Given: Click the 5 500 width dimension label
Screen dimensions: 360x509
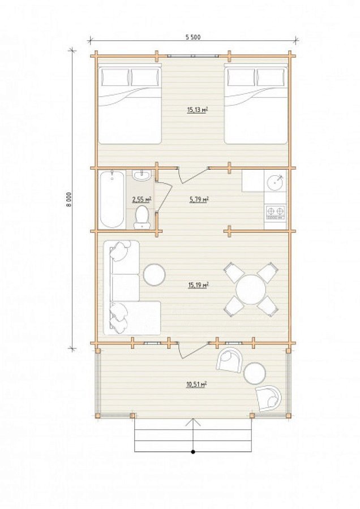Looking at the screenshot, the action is pyautogui.click(x=193, y=37).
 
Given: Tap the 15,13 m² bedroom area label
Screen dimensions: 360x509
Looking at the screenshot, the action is pyautogui.click(x=197, y=110).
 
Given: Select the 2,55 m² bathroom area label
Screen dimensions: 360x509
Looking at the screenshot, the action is pyautogui.click(x=142, y=199).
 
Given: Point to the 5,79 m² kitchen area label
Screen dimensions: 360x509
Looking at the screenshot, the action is pyautogui.click(x=199, y=199).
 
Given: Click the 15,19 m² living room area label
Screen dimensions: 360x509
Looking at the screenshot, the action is pyautogui.click(x=198, y=286).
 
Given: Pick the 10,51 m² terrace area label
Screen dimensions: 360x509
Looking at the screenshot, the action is pyautogui.click(x=196, y=385).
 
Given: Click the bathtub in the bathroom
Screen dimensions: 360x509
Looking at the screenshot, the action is pyautogui.click(x=112, y=199).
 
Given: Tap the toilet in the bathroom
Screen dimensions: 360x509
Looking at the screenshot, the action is pyautogui.click(x=142, y=217).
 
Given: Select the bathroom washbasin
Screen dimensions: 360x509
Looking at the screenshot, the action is pyautogui.click(x=142, y=175).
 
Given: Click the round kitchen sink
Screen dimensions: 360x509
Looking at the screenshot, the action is pyautogui.click(x=275, y=182).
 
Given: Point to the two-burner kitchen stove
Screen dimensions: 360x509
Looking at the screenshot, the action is pyautogui.click(x=276, y=212).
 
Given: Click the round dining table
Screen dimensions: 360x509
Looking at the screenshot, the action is pyautogui.click(x=251, y=289).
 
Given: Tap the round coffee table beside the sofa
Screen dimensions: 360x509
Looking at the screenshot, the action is pyautogui.click(x=155, y=275).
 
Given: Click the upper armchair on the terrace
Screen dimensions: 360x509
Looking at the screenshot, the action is pyautogui.click(x=230, y=360).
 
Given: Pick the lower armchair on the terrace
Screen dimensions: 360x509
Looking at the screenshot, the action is pyautogui.click(x=269, y=398).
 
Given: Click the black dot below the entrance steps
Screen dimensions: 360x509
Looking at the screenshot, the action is pyautogui.click(x=193, y=451).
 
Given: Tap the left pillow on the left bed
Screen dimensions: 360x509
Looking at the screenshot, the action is pyautogui.click(x=115, y=77).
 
